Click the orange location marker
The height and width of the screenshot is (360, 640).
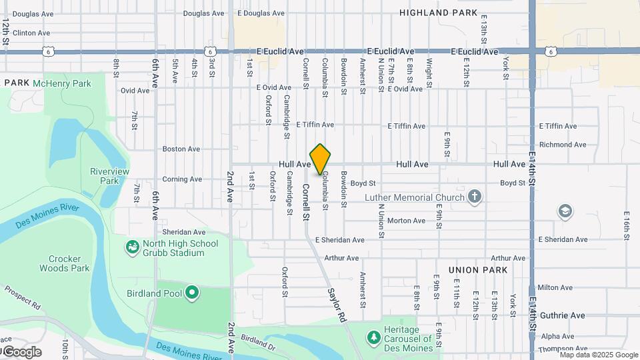click(320, 159)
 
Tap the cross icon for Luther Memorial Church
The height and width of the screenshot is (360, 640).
click(474, 196)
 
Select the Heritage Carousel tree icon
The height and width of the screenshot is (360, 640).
click(373, 338)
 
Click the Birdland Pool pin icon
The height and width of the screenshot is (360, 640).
click(192, 293)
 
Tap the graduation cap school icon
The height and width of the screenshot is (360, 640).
click(565, 211)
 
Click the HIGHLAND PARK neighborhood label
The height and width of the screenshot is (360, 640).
click(439, 13)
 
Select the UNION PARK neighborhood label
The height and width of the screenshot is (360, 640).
click(478, 270)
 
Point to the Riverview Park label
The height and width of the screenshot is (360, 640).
click(109, 176)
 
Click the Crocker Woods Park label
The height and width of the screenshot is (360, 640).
click(69, 263)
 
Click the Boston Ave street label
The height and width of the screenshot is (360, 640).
click(181, 149)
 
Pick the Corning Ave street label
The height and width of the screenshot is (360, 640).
click(182, 179)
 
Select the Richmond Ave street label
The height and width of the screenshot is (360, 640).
click(563, 145)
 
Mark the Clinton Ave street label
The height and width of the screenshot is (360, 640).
click(31, 33)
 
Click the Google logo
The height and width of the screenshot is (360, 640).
click(21, 352)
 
